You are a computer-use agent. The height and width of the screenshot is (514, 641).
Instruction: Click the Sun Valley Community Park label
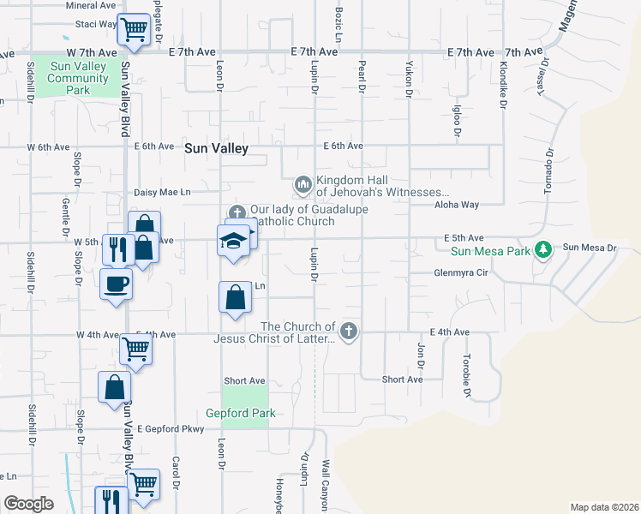[79, 78]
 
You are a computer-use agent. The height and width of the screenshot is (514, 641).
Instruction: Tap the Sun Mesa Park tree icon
[542, 249]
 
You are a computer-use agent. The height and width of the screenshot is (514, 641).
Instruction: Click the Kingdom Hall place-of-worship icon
[303, 185]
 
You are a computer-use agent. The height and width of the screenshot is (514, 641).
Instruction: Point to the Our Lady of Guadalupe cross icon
[237, 212]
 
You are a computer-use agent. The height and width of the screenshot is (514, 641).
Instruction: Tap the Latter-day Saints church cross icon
[348, 332]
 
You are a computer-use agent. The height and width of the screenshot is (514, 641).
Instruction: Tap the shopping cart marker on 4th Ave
[136, 348]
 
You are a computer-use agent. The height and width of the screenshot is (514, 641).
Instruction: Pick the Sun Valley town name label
[216, 148]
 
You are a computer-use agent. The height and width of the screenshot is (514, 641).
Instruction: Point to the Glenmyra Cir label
[460, 272]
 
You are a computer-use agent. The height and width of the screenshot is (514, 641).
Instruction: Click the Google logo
[29, 504]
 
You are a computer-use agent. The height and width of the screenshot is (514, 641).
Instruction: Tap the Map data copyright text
[603, 507]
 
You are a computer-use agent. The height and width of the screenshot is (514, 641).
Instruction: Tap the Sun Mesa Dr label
[589, 248]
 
